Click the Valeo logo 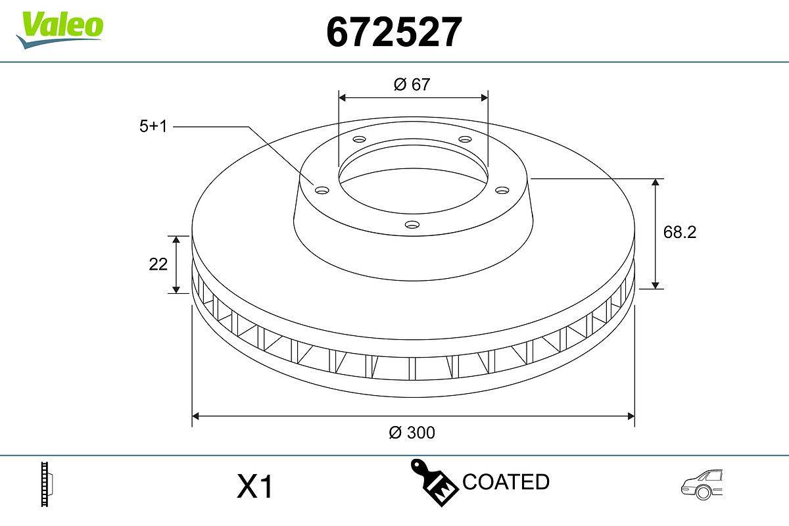tap(59, 28)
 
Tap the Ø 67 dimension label tap(412, 84)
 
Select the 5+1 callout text tap(153, 126)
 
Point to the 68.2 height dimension tap(679, 232)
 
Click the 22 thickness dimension tap(158, 264)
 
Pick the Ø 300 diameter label tap(412, 432)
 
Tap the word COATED tap(506, 482)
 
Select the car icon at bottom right tap(702, 485)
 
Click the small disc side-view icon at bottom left tap(47, 485)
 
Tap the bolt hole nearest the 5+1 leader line tap(322, 190)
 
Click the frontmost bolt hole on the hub tap(412, 225)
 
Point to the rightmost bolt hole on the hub tap(502, 190)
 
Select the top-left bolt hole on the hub tap(358, 139)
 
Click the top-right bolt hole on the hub tap(466, 139)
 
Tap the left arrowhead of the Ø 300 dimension tap(195, 416)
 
